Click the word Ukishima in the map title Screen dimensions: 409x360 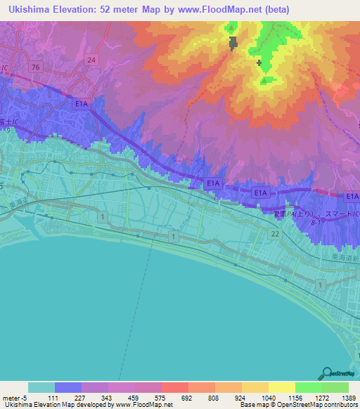(28, 9)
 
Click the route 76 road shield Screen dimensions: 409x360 (35, 66)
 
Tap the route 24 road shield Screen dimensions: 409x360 (91, 60)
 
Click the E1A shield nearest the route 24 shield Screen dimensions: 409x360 (82, 103)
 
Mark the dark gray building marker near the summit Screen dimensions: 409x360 (232, 44)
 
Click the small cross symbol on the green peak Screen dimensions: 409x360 (259, 63)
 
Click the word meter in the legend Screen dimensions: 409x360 (10, 398)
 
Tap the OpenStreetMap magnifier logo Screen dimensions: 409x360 (326, 373)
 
